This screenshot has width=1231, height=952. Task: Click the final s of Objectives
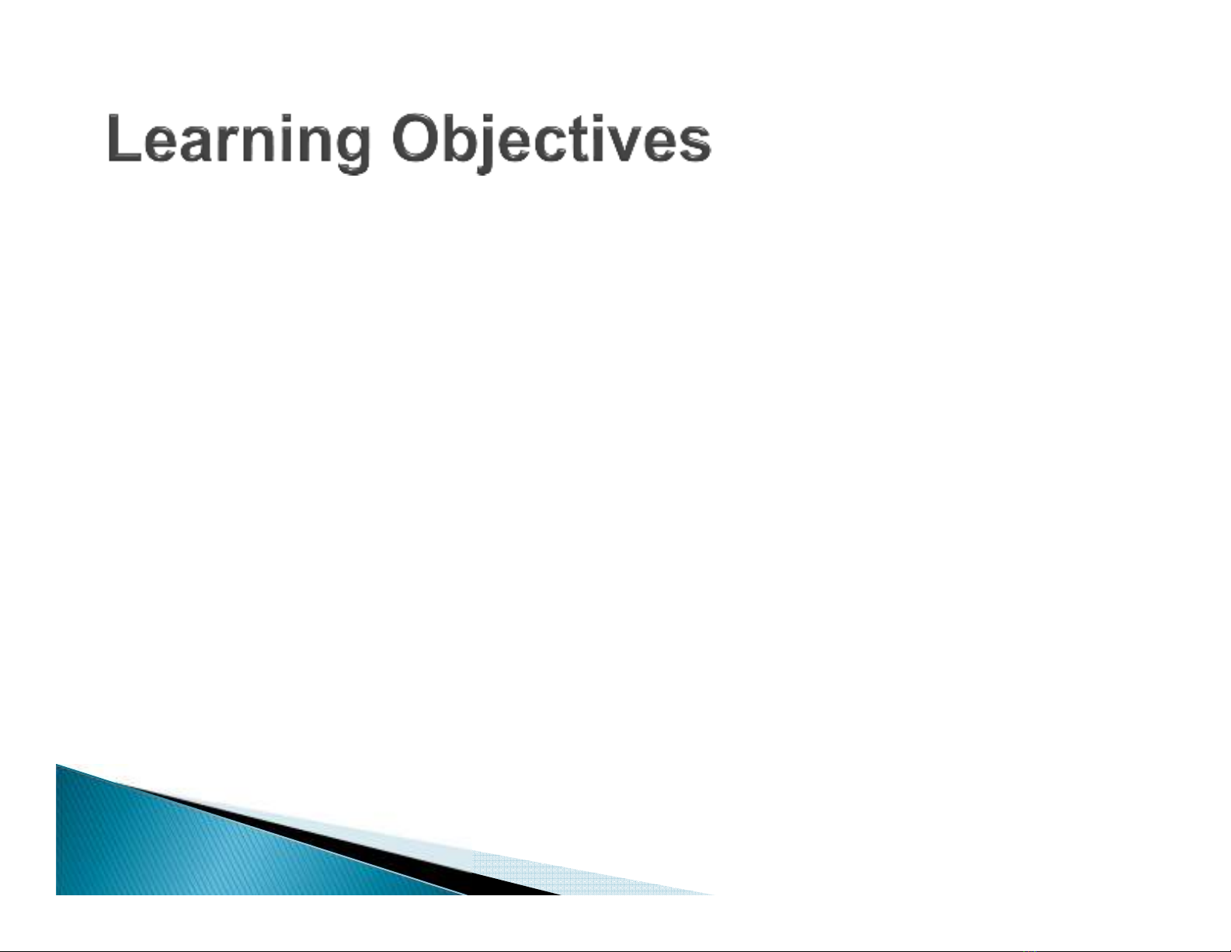(x=694, y=144)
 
